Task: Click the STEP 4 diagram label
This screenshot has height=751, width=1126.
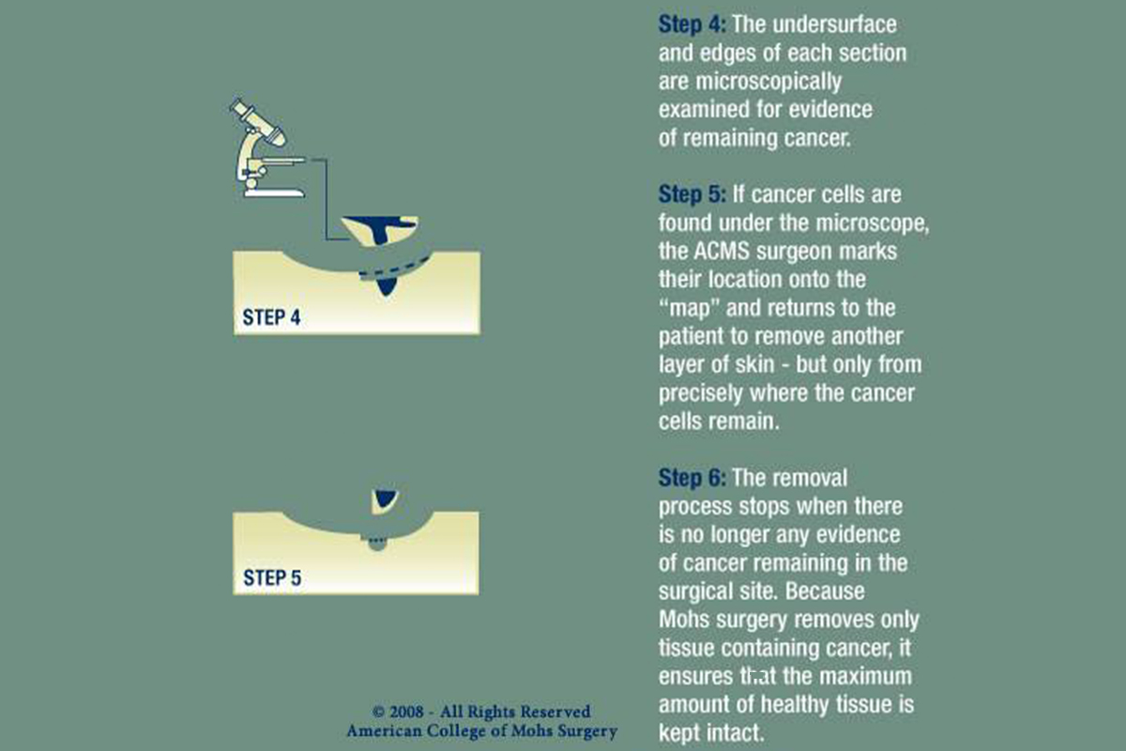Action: tap(271, 317)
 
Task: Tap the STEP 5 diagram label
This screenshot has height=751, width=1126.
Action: tap(271, 577)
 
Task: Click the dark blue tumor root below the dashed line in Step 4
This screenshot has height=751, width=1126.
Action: tap(384, 286)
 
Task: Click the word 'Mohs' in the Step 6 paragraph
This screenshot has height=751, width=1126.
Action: tap(686, 621)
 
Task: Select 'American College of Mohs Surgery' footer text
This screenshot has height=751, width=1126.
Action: tap(481, 731)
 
